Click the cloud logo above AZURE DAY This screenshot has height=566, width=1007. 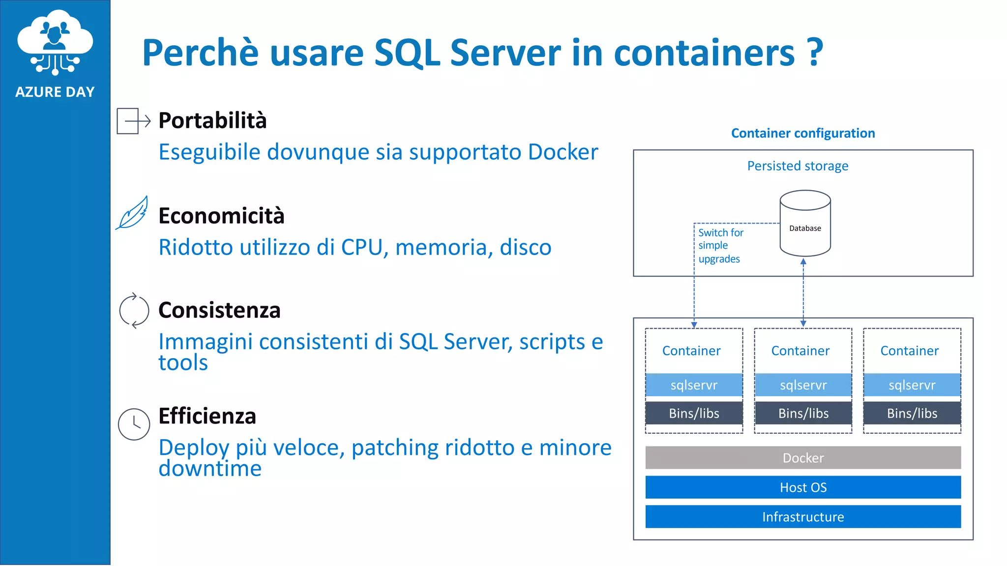pos(55,42)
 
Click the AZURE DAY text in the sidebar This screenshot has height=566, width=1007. pos(55,92)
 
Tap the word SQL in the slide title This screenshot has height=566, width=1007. pos(407,53)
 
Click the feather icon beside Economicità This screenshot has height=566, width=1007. pos(132,213)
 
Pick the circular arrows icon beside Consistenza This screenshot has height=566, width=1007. pos(134,311)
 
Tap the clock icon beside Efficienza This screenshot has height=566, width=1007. pos(134,424)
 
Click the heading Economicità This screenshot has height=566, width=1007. pos(221,216)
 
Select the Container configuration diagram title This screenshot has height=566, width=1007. pos(802,133)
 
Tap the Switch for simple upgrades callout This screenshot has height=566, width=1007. pos(720,246)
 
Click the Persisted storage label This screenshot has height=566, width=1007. pos(798,166)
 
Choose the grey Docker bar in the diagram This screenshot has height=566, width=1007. pos(802,458)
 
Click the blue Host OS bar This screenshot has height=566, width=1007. pos(802,487)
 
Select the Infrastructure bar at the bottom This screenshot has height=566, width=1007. pos(802,517)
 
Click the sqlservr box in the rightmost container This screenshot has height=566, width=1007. pos(912,385)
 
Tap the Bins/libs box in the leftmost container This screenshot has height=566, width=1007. pos(694,413)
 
